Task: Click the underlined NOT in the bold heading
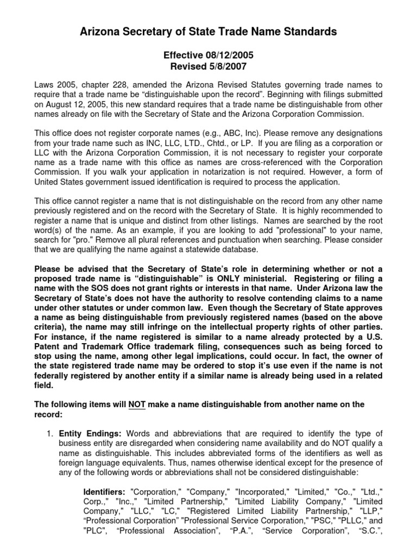(x=136, y=405)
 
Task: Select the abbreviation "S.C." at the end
(x=368, y=531)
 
